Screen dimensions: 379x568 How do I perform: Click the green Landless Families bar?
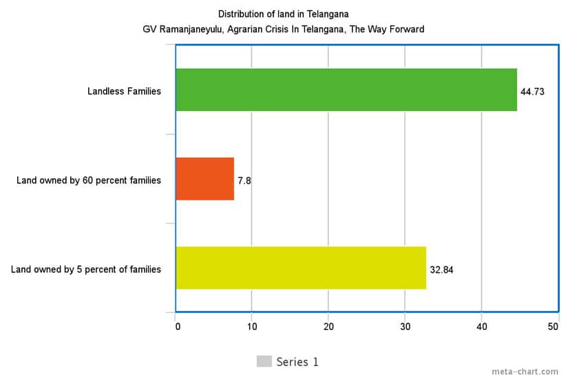tap(346, 90)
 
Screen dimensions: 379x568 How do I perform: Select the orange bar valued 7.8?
tap(205, 179)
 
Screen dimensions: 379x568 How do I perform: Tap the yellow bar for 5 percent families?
tap(301, 268)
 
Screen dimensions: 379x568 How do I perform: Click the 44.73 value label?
tap(532, 92)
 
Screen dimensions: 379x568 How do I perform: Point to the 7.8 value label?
tap(244, 181)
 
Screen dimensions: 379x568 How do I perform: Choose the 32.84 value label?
tap(441, 269)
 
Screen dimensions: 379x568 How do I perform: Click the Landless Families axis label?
tap(124, 91)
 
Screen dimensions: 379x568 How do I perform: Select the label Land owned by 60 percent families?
tap(89, 181)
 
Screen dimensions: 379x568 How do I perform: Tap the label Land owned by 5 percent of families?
tap(86, 269)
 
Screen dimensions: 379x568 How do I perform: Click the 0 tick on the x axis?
tap(178, 327)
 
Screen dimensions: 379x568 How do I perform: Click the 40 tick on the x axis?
tap(481, 327)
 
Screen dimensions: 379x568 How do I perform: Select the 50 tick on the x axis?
tap(553, 327)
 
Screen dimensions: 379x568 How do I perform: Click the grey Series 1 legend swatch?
tap(264, 362)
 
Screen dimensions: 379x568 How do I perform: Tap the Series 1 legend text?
tap(297, 362)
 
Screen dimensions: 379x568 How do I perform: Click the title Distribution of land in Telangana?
tap(283, 14)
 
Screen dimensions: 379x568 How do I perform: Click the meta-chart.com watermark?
tap(525, 371)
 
